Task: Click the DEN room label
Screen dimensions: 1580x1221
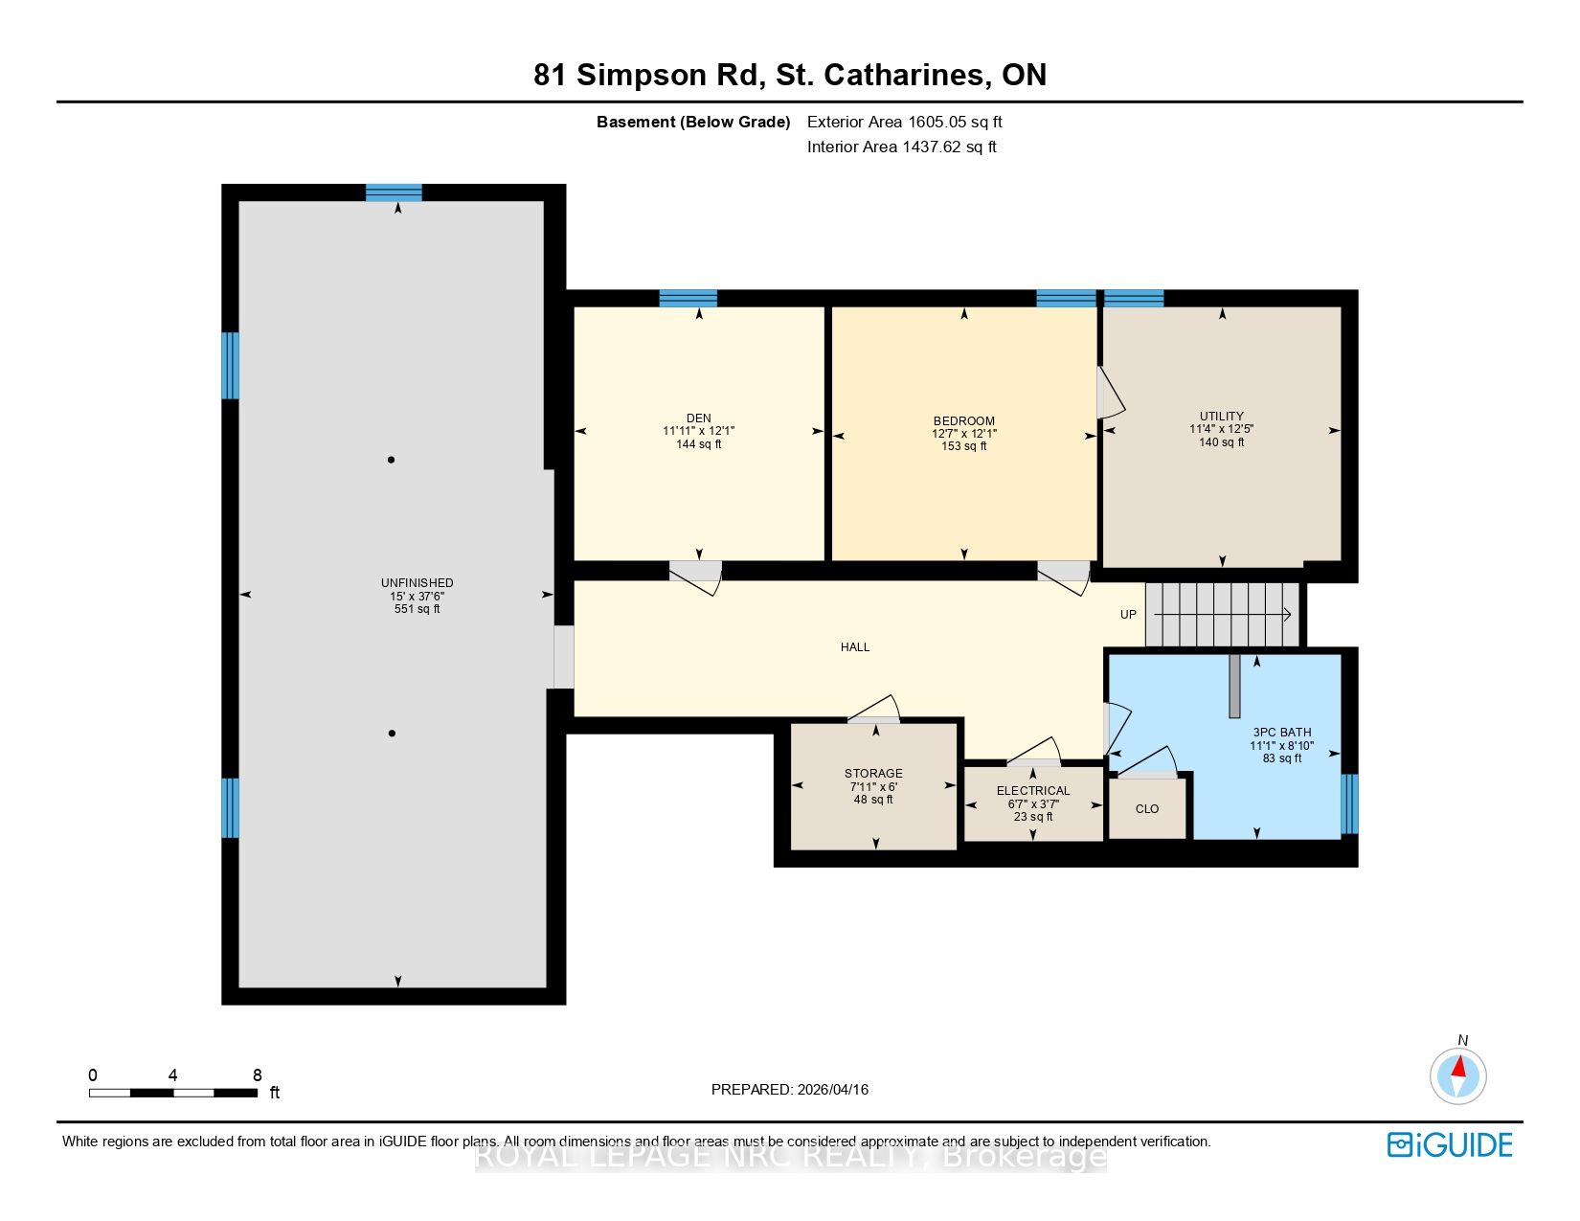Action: coord(698,418)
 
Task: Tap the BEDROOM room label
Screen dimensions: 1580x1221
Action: coord(963,421)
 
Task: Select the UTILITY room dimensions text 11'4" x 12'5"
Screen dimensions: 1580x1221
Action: coord(1221,429)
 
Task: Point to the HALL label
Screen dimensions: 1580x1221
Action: coord(854,646)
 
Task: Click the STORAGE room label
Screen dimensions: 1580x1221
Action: coord(872,773)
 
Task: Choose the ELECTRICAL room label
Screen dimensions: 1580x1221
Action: coord(1032,790)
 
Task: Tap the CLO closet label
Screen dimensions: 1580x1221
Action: coord(1146,808)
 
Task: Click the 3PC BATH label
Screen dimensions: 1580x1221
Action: coord(1281,733)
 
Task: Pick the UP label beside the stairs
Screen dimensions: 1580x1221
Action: coord(1128,615)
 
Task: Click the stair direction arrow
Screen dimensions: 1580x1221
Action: coord(1222,615)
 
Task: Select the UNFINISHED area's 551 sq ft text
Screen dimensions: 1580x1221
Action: coord(417,609)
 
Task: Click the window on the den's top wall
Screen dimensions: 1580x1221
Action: coord(688,298)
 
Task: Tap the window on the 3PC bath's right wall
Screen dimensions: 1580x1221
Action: coord(1349,803)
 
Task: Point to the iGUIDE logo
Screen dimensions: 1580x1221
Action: coord(1449,1144)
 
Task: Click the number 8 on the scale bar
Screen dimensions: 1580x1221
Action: coord(258,1074)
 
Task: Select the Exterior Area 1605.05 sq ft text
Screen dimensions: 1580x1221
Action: coord(904,123)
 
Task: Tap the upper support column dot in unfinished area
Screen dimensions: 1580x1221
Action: coord(392,460)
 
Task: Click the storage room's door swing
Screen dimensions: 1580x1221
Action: coord(875,708)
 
